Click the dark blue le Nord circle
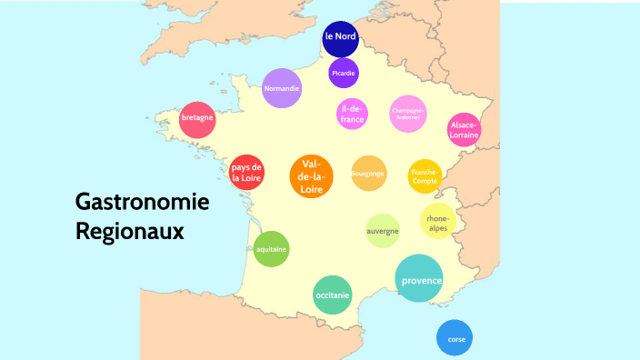click(340, 37)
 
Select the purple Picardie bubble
click(344, 73)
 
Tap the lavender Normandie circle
click(281, 88)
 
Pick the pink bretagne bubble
click(197, 119)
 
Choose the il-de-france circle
click(352, 114)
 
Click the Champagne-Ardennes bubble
click(407, 113)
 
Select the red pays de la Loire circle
click(247, 173)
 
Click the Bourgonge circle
click(368, 174)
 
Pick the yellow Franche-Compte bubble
click(425, 175)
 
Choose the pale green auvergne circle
click(383, 231)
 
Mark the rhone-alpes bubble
click(437, 222)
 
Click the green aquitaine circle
click(271, 249)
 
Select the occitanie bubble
click(332, 295)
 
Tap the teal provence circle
click(419, 279)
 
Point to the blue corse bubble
click(455, 338)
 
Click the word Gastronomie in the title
click(142, 201)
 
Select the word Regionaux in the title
click(130, 231)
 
